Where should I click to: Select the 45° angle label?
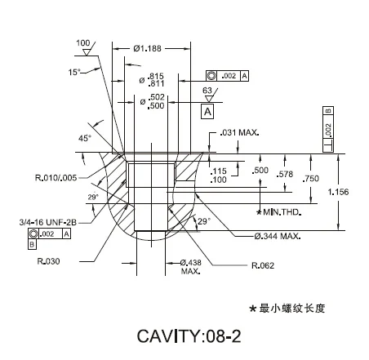click(x=85, y=139)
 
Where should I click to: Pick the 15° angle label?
click(x=74, y=72)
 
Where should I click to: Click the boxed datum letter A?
click(x=207, y=110)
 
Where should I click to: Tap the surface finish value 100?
click(x=82, y=42)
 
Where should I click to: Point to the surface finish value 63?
click(x=207, y=90)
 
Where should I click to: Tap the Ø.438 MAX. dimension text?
click(x=190, y=266)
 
